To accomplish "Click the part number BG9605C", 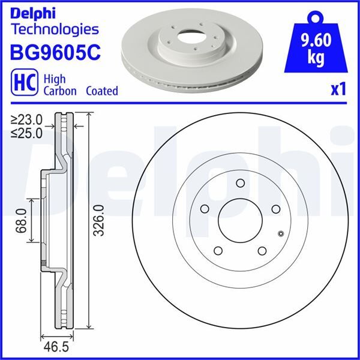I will pos(55,52).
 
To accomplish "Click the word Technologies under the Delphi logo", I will pos(55,29).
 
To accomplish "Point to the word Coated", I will pos(101,91).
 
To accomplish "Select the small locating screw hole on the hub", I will pos(281,234).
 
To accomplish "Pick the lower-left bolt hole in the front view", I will pos(218,251).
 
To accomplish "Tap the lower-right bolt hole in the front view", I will pos(262,251).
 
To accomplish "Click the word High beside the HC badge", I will pos(54,78).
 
